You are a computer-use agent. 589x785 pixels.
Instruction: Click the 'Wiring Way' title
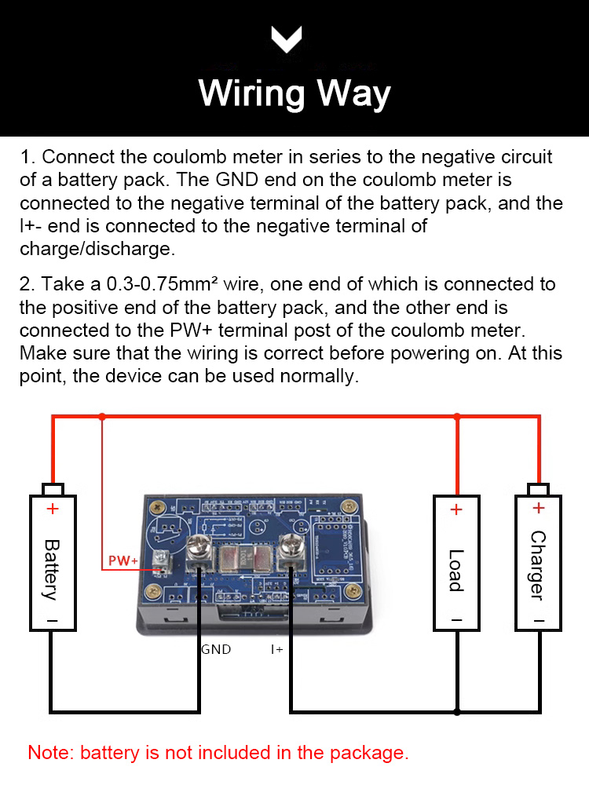pyautogui.click(x=294, y=93)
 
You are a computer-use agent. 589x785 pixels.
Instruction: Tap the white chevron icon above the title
pyautogui.click(x=287, y=38)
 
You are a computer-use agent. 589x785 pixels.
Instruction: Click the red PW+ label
pyautogui.click(x=123, y=560)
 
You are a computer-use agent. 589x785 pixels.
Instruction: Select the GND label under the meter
pyautogui.click(x=216, y=649)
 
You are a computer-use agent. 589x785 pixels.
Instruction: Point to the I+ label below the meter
pyautogui.click(x=277, y=649)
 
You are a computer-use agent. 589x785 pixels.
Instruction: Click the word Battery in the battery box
pyautogui.click(x=52, y=568)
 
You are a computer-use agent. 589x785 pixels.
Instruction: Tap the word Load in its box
pyautogui.click(x=456, y=570)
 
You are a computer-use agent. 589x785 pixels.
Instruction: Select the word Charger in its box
pyautogui.click(x=538, y=565)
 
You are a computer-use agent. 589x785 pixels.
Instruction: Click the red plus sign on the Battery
pyautogui.click(x=53, y=509)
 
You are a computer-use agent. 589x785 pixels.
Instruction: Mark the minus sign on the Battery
pyautogui.click(x=53, y=621)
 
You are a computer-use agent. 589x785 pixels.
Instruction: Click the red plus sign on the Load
pyautogui.click(x=456, y=509)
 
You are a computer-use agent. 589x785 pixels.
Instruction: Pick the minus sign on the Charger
pyautogui.click(x=538, y=621)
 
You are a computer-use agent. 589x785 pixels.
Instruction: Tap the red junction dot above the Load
pyautogui.click(x=457, y=417)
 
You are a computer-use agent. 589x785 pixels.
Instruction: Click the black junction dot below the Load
pyautogui.click(x=457, y=712)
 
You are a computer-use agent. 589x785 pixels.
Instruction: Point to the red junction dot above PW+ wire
pyautogui.click(x=101, y=417)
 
